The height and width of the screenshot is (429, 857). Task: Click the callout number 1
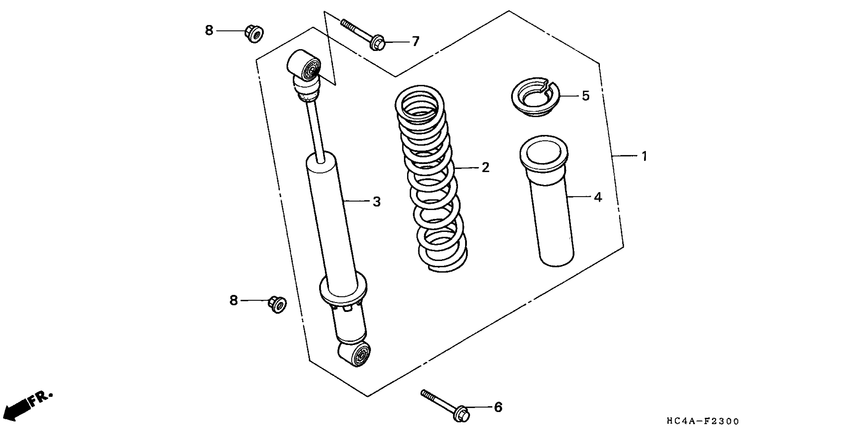point(644,156)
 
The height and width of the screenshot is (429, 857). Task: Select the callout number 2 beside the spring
point(485,168)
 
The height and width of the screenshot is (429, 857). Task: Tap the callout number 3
point(376,202)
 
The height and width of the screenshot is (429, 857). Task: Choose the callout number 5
point(586,96)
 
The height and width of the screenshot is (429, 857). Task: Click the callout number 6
point(498,407)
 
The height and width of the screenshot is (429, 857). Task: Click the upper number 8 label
point(209,31)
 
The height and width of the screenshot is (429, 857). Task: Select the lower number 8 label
point(234,301)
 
